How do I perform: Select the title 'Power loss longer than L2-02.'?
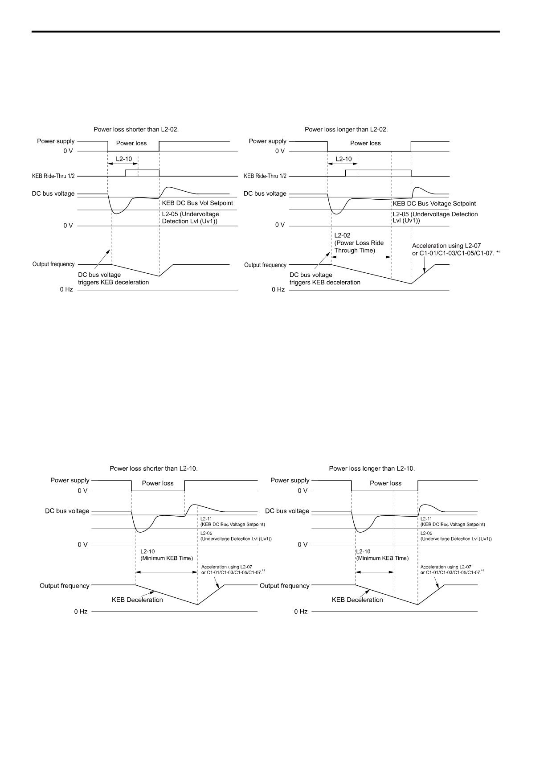pos(346,130)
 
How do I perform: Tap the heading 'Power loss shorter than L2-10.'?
pos(154,469)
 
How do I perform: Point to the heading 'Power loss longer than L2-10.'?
pos(372,469)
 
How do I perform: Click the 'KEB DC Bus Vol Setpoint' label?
pos(197,203)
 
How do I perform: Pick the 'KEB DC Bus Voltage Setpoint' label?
pos(434,204)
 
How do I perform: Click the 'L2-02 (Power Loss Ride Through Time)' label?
pos(359,243)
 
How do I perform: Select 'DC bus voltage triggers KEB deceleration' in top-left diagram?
pos(114,279)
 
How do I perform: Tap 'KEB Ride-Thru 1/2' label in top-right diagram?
pos(265,176)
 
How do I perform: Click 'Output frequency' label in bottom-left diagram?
pos(65,586)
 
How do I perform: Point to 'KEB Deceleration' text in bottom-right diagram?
pos(357,600)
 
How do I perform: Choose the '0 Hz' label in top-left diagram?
pos(66,290)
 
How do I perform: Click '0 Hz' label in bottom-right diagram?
pos(301,612)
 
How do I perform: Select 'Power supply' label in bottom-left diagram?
pos(70,481)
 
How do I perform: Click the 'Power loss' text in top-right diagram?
pos(365,144)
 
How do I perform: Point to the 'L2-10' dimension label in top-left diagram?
pos(124,159)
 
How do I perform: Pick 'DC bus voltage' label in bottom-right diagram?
pos(287,511)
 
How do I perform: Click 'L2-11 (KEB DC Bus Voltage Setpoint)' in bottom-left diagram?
pos(233,522)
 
